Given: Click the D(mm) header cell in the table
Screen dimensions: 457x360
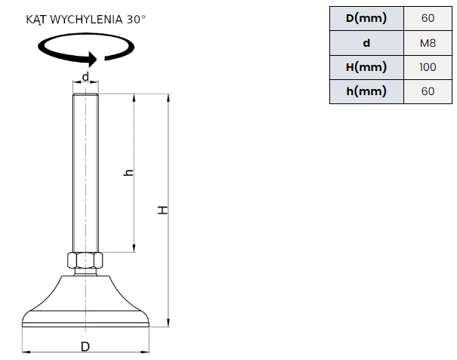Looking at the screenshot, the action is click(x=366, y=18).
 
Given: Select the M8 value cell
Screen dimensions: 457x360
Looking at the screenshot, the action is click(x=428, y=43).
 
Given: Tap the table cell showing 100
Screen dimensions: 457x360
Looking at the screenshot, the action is click(x=428, y=67).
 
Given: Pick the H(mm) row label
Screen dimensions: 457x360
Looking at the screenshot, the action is click(x=366, y=67).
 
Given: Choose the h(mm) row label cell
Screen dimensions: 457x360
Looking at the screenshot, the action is click(x=366, y=91).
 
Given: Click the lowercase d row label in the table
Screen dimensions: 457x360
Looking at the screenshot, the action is click(x=366, y=43).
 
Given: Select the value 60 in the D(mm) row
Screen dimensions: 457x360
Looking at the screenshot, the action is click(x=428, y=18).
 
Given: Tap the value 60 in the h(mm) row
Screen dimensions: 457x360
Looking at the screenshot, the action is click(x=428, y=91).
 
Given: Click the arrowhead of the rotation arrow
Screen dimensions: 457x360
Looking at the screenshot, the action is click(x=93, y=59).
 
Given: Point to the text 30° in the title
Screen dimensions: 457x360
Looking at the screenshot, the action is click(x=136, y=20).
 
